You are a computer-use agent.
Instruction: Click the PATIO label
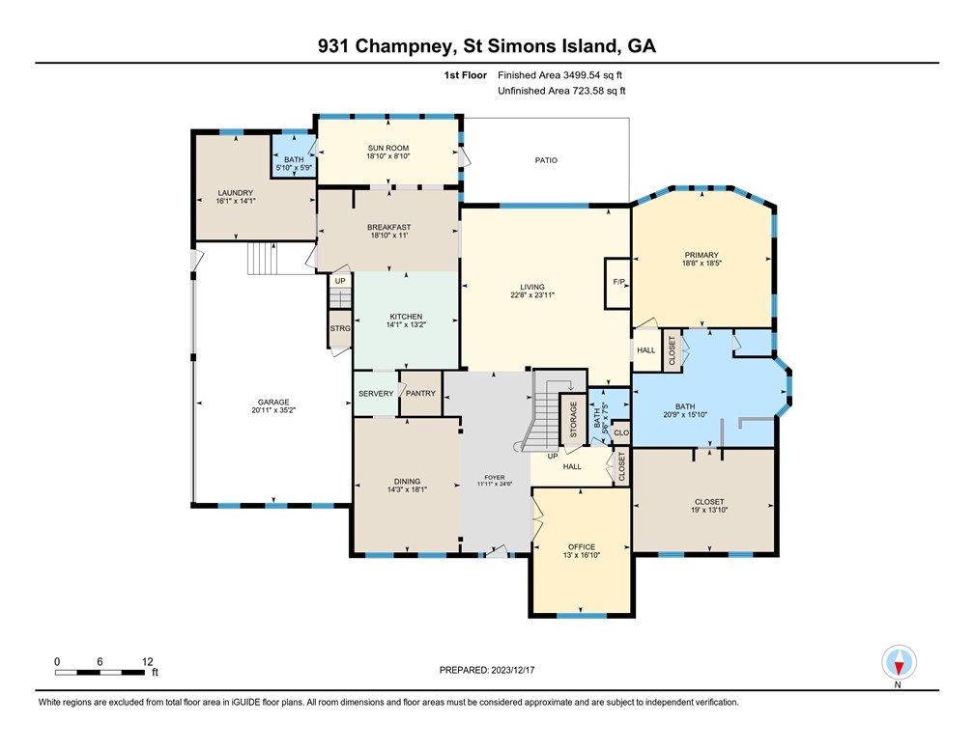point(546,160)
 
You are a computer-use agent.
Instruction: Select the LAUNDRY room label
point(235,192)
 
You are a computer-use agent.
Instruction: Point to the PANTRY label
point(420,393)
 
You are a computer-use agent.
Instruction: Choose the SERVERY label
point(376,393)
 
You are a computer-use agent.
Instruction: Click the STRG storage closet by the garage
point(340,328)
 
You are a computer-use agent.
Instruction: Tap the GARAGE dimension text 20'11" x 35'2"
point(273,411)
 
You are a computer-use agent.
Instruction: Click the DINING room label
point(406,481)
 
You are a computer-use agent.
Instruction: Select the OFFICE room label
point(580,546)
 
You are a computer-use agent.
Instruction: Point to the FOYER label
point(494,477)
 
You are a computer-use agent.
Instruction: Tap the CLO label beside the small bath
point(620,433)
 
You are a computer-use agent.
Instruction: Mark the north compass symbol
point(898,662)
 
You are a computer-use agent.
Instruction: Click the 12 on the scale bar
point(147,661)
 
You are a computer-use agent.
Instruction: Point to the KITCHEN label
point(406,317)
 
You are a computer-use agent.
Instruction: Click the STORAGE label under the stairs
point(573,420)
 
